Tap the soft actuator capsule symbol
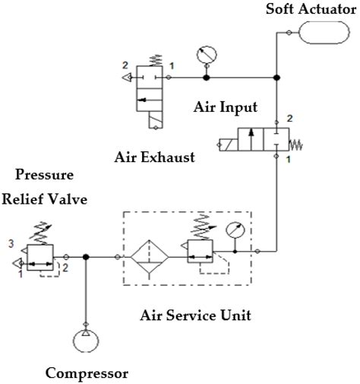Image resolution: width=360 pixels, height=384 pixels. click(x=323, y=33)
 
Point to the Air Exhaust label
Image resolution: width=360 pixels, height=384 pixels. click(x=154, y=157)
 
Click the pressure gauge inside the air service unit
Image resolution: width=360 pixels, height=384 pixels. click(x=234, y=230)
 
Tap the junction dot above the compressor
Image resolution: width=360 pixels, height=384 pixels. click(x=86, y=258)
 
